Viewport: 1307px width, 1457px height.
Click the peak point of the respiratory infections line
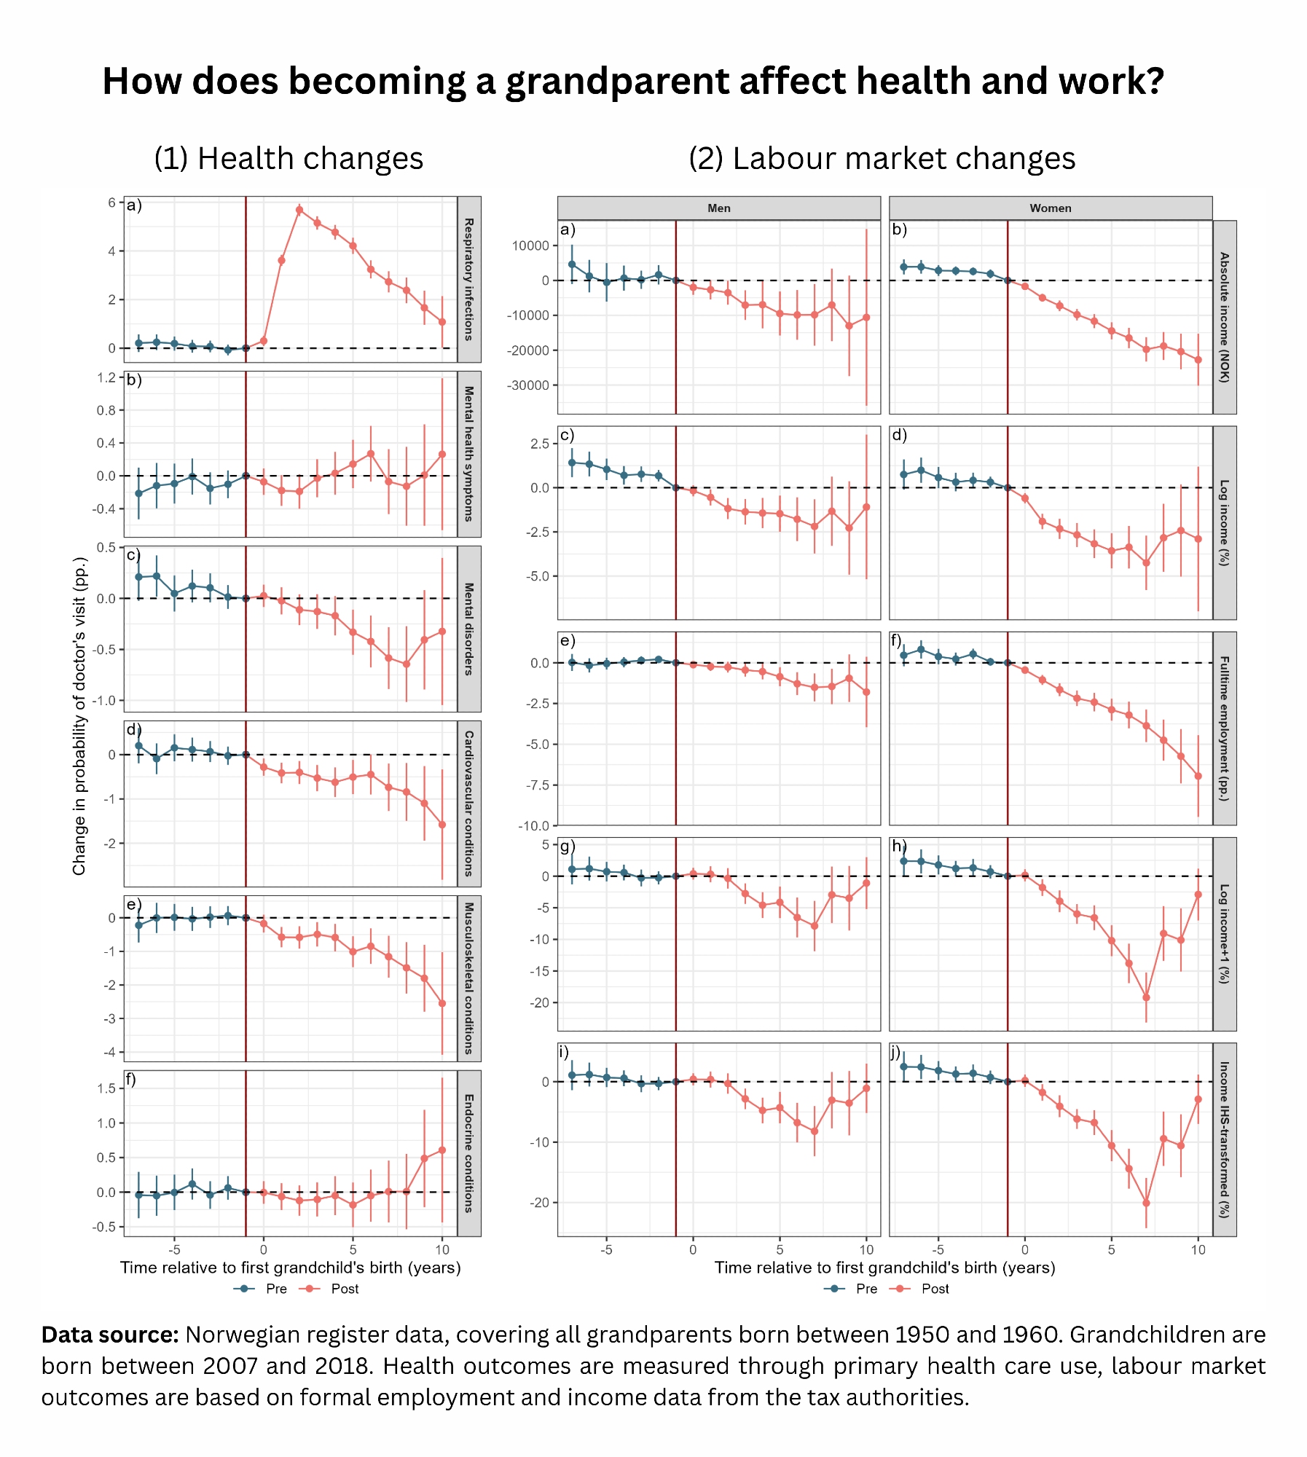299,210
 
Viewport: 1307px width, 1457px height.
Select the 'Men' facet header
718,208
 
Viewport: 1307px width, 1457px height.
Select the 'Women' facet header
1050,208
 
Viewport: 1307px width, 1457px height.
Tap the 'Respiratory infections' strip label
469,279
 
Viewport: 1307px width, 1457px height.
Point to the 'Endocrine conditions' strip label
469,1152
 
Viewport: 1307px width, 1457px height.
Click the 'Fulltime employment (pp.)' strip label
1224,728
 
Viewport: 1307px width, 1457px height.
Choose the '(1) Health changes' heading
289,158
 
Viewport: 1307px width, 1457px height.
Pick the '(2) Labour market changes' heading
882,158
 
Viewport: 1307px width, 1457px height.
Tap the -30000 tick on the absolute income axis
528,385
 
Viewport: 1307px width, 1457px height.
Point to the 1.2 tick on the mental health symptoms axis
106,377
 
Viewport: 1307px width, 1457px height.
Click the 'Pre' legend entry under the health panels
276,1289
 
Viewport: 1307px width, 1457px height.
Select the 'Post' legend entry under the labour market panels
935,1289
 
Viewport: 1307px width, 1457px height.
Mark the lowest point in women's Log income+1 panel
1146,997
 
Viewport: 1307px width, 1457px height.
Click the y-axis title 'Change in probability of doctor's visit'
79,715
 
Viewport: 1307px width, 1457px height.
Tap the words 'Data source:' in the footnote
110,1335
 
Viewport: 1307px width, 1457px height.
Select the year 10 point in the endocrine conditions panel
442,1150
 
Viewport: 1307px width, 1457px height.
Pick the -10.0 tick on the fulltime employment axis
534,826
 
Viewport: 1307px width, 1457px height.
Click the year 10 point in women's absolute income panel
1198,360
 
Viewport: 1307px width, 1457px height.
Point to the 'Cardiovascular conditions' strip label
469,803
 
